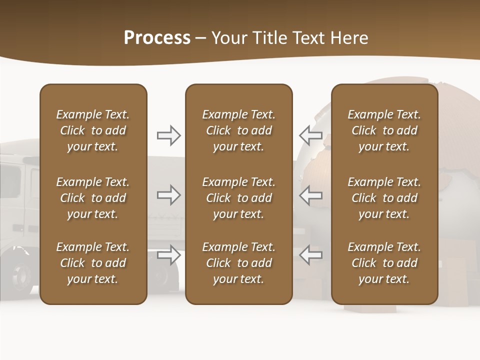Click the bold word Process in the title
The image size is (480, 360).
point(157,38)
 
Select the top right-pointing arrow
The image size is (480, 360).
point(168,135)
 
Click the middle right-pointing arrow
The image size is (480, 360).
point(168,195)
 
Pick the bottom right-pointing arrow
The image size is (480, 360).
point(168,255)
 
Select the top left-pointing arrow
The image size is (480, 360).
point(310,135)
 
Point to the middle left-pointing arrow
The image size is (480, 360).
point(310,195)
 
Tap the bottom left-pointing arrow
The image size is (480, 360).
point(310,255)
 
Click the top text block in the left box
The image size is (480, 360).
point(93,130)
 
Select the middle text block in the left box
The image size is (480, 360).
point(93,198)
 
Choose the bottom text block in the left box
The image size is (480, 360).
point(93,263)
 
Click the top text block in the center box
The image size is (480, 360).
point(238,130)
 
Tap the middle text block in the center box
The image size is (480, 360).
point(238,198)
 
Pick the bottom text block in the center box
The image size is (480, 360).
point(238,263)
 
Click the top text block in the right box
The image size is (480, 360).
point(384,130)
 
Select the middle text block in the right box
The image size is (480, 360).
point(384,198)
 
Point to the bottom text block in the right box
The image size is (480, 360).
point(384,263)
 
